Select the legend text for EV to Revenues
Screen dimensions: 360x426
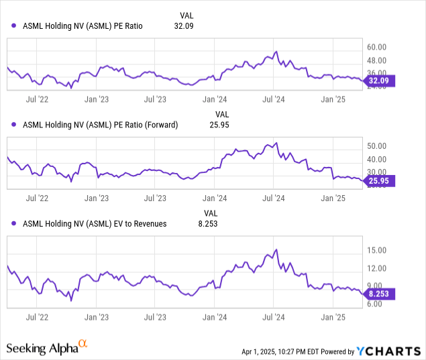pyautogui.click(x=95, y=224)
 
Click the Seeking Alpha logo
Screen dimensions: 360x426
pyautogui.click(x=47, y=348)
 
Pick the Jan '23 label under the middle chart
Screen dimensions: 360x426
pyautogui.click(x=97, y=198)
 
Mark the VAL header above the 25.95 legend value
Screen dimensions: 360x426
pyautogui.click(x=221, y=114)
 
